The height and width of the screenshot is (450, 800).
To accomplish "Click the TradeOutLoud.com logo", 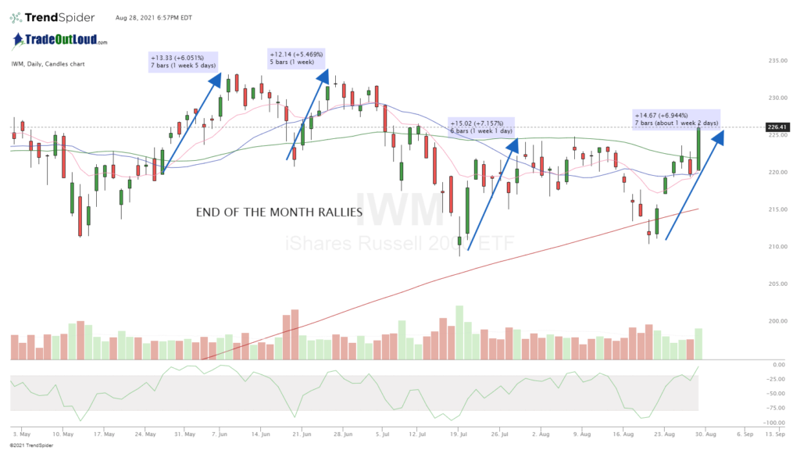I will (x=59, y=40).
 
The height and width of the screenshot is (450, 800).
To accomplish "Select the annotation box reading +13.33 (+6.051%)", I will (x=184, y=60).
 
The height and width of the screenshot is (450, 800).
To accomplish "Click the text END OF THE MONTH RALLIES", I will (x=280, y=212).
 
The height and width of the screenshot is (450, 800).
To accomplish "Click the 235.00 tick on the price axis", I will (x=777, y=61).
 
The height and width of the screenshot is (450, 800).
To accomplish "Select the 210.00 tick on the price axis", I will (x=777, y=247).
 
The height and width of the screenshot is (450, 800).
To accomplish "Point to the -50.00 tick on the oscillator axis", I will (x=777, y=394).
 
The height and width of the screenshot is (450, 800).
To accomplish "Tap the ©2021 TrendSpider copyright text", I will (x=26, y=445).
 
